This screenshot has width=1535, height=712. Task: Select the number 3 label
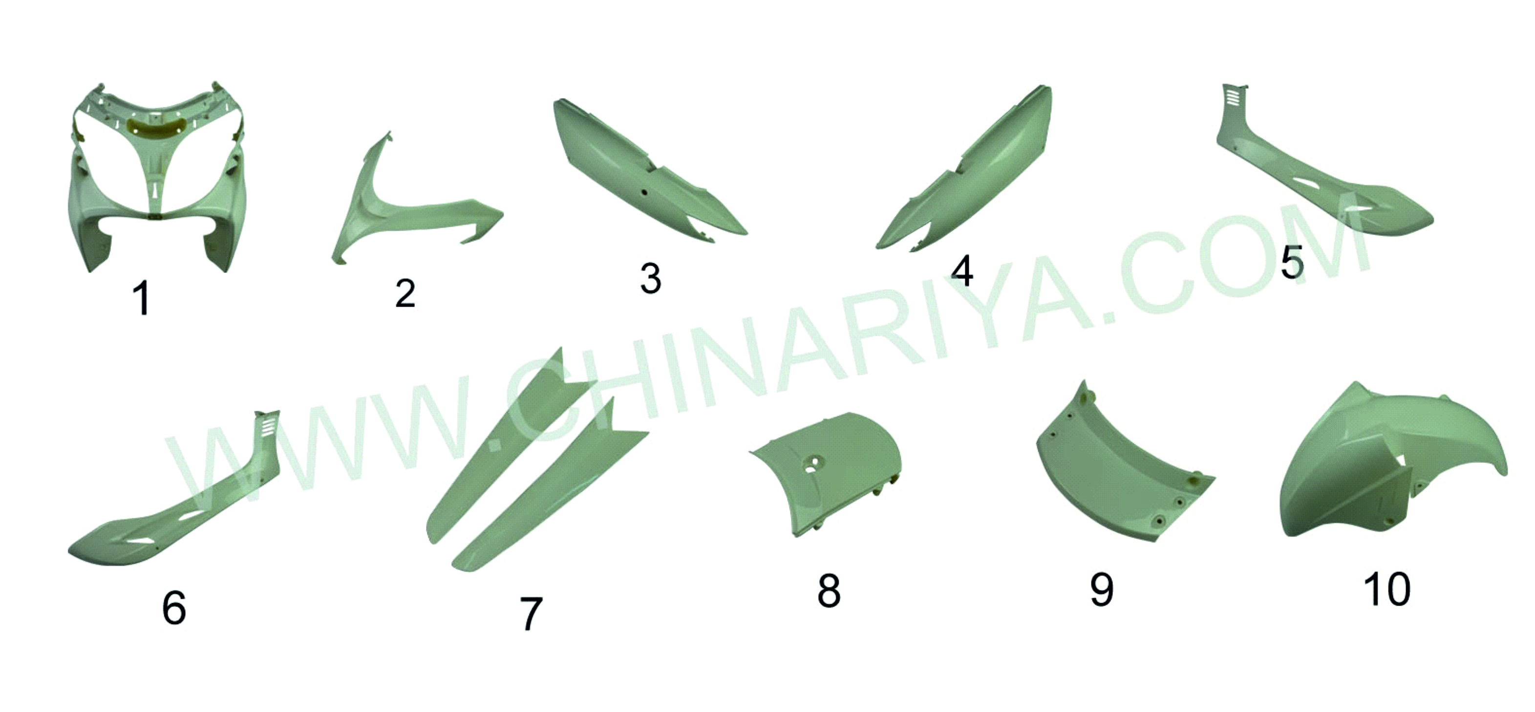[x=651, y=278]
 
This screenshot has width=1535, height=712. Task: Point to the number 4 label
[x=962, y=271]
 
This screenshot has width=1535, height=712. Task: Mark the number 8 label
[x=829, y=590]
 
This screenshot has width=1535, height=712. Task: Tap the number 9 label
[x=1102, y=589]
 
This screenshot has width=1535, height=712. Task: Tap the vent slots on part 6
[x=268, y=425]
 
